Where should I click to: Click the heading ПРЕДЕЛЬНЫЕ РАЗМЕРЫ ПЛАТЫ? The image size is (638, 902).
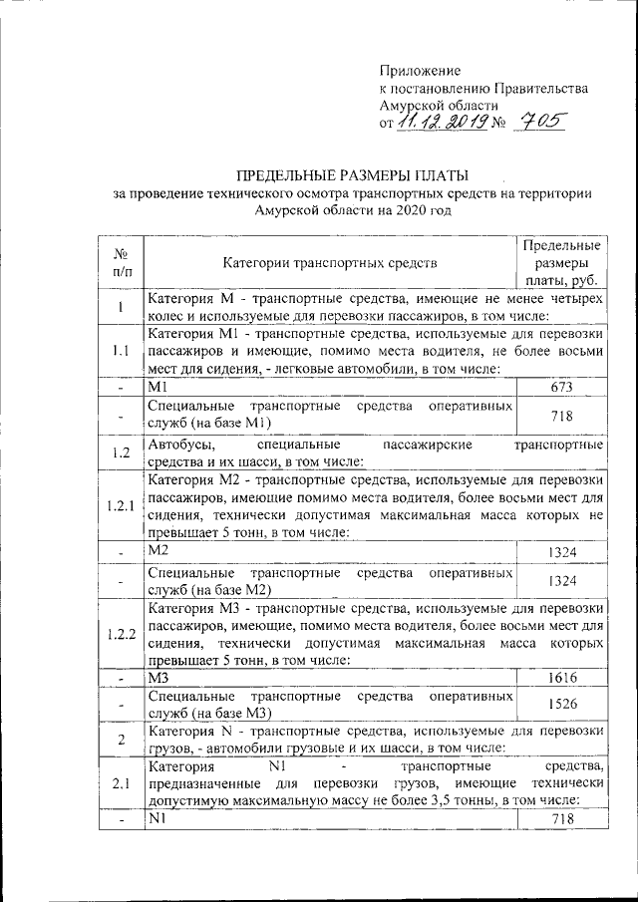click(353, 174)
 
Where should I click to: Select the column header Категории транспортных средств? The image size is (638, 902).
click(329, 263)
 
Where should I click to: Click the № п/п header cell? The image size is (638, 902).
click(121, 263)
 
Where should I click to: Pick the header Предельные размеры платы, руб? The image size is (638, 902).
click(560, 263)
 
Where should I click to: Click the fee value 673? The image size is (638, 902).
click(563, 387)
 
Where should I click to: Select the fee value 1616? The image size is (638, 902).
click(563, 677)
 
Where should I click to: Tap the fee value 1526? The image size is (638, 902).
click(563, 704)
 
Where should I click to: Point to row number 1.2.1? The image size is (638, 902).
click(121, 506)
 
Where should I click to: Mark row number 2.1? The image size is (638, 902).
click(121, 782)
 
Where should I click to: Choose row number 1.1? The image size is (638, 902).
click(121, 351)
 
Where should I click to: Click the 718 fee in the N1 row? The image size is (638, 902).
click(563, 818)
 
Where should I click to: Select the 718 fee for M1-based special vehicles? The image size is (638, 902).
click(563, 414)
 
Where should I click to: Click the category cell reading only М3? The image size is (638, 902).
click(160, 677)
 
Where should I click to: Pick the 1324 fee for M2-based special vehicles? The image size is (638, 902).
click(563, 579)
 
